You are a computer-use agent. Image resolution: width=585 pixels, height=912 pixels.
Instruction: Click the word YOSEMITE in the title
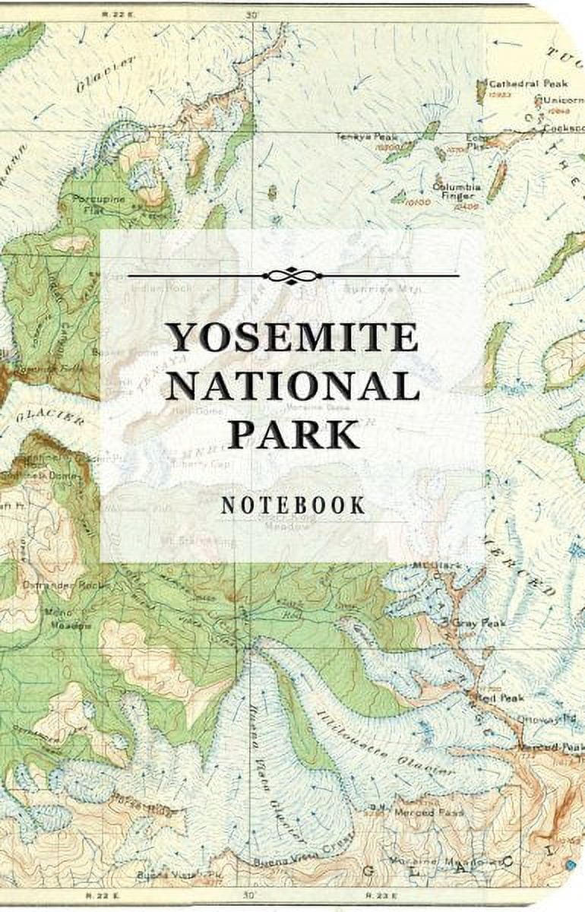coord(292,337)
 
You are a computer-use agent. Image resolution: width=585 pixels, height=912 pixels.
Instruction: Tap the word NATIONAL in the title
coord(292,385)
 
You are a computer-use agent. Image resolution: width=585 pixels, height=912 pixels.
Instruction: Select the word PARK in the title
coord(293,434)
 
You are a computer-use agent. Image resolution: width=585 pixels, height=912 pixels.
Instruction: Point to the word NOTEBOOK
coord(293,506)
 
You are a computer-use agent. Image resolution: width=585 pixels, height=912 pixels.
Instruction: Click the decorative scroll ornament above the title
coord(292,275)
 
